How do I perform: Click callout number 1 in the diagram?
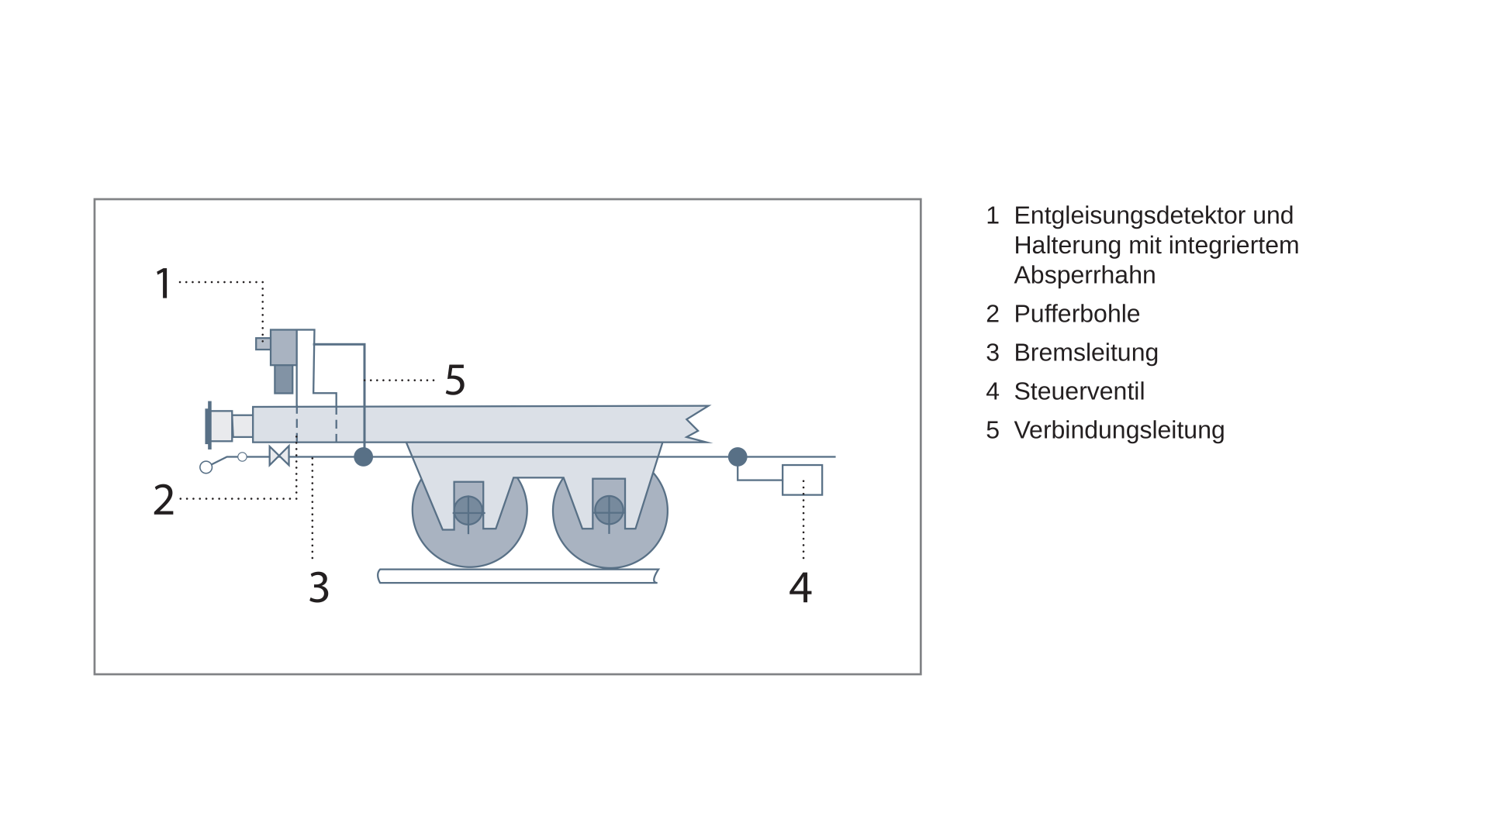coord(163,283)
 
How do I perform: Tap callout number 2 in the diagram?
coord(164,500)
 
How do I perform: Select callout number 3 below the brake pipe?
coord(319,587)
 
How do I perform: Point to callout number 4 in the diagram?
coord(800,587)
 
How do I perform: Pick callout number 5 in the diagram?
coord(455,381)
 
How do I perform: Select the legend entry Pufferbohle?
coord(1076,314)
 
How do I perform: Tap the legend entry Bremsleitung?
coord(1086,353)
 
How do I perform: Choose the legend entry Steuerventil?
coord(1079,391)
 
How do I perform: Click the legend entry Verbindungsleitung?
coord(1119,430)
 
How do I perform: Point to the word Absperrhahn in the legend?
coord(1084,275)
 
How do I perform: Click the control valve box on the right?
coord(802,480)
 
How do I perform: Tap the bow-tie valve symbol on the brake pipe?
coord(279,456)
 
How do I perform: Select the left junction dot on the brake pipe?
coord(363,457)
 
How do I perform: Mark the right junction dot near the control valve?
coord(738,457)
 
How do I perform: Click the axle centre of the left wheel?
coord(468,511)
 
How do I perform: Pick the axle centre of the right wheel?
coord(609,511)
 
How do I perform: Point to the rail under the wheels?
coord(518,576)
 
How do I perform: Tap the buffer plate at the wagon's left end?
coord(209,425)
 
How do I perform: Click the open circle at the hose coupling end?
coord(206,467)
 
